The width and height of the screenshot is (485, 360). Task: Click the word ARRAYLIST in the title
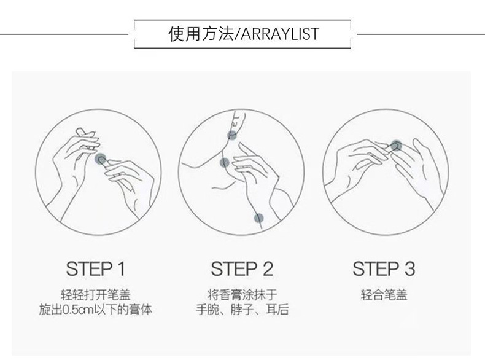point(279,34)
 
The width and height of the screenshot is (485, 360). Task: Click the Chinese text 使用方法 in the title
point(201,33)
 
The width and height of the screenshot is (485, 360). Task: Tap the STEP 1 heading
point(95,268)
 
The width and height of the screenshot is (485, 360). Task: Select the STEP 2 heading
point(242,268)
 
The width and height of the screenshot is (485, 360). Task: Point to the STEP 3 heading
point(384,268)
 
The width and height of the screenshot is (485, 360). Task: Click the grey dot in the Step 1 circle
point(99,159)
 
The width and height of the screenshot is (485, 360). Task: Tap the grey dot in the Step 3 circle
point(395,145)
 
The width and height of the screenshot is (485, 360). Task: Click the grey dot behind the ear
point(232,135)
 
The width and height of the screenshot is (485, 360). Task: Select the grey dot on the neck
point(225,163)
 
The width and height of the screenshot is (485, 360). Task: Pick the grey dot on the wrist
point(258,219)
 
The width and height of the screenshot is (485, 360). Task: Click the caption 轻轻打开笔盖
point(95,294)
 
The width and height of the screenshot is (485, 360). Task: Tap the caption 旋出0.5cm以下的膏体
point(95,310)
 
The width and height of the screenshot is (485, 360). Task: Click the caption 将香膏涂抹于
point(242,294)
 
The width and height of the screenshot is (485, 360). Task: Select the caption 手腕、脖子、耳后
point(242,310)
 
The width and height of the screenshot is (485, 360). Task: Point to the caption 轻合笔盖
point(384,294)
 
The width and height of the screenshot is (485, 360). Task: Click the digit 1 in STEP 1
point(121,268)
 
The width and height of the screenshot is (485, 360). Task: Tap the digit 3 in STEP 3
point(410,268)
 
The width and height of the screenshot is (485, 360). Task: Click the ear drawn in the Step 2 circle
point(238,120)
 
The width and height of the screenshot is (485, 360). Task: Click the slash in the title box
point(237,34)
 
